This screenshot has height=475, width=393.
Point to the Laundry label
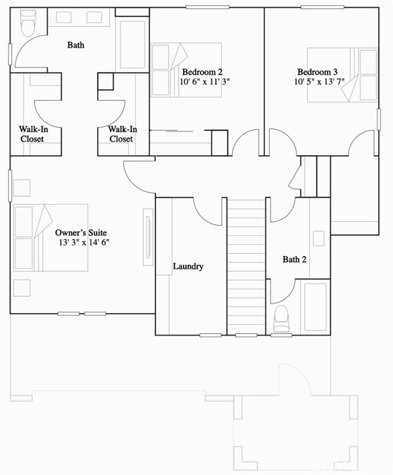point(188,266)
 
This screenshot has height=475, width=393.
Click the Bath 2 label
point(294,260)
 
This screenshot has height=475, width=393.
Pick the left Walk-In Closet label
point(33,134)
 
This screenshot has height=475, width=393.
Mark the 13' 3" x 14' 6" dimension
point(84,243)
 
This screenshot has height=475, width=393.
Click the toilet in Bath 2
point(281,318)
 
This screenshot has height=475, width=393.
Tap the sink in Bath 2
point(318,238)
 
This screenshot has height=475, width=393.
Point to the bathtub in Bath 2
point(315,308)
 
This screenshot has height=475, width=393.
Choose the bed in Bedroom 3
point(368,74)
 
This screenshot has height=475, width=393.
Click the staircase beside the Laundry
point(245,267)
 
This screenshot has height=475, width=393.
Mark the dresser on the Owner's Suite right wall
point(148,237)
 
